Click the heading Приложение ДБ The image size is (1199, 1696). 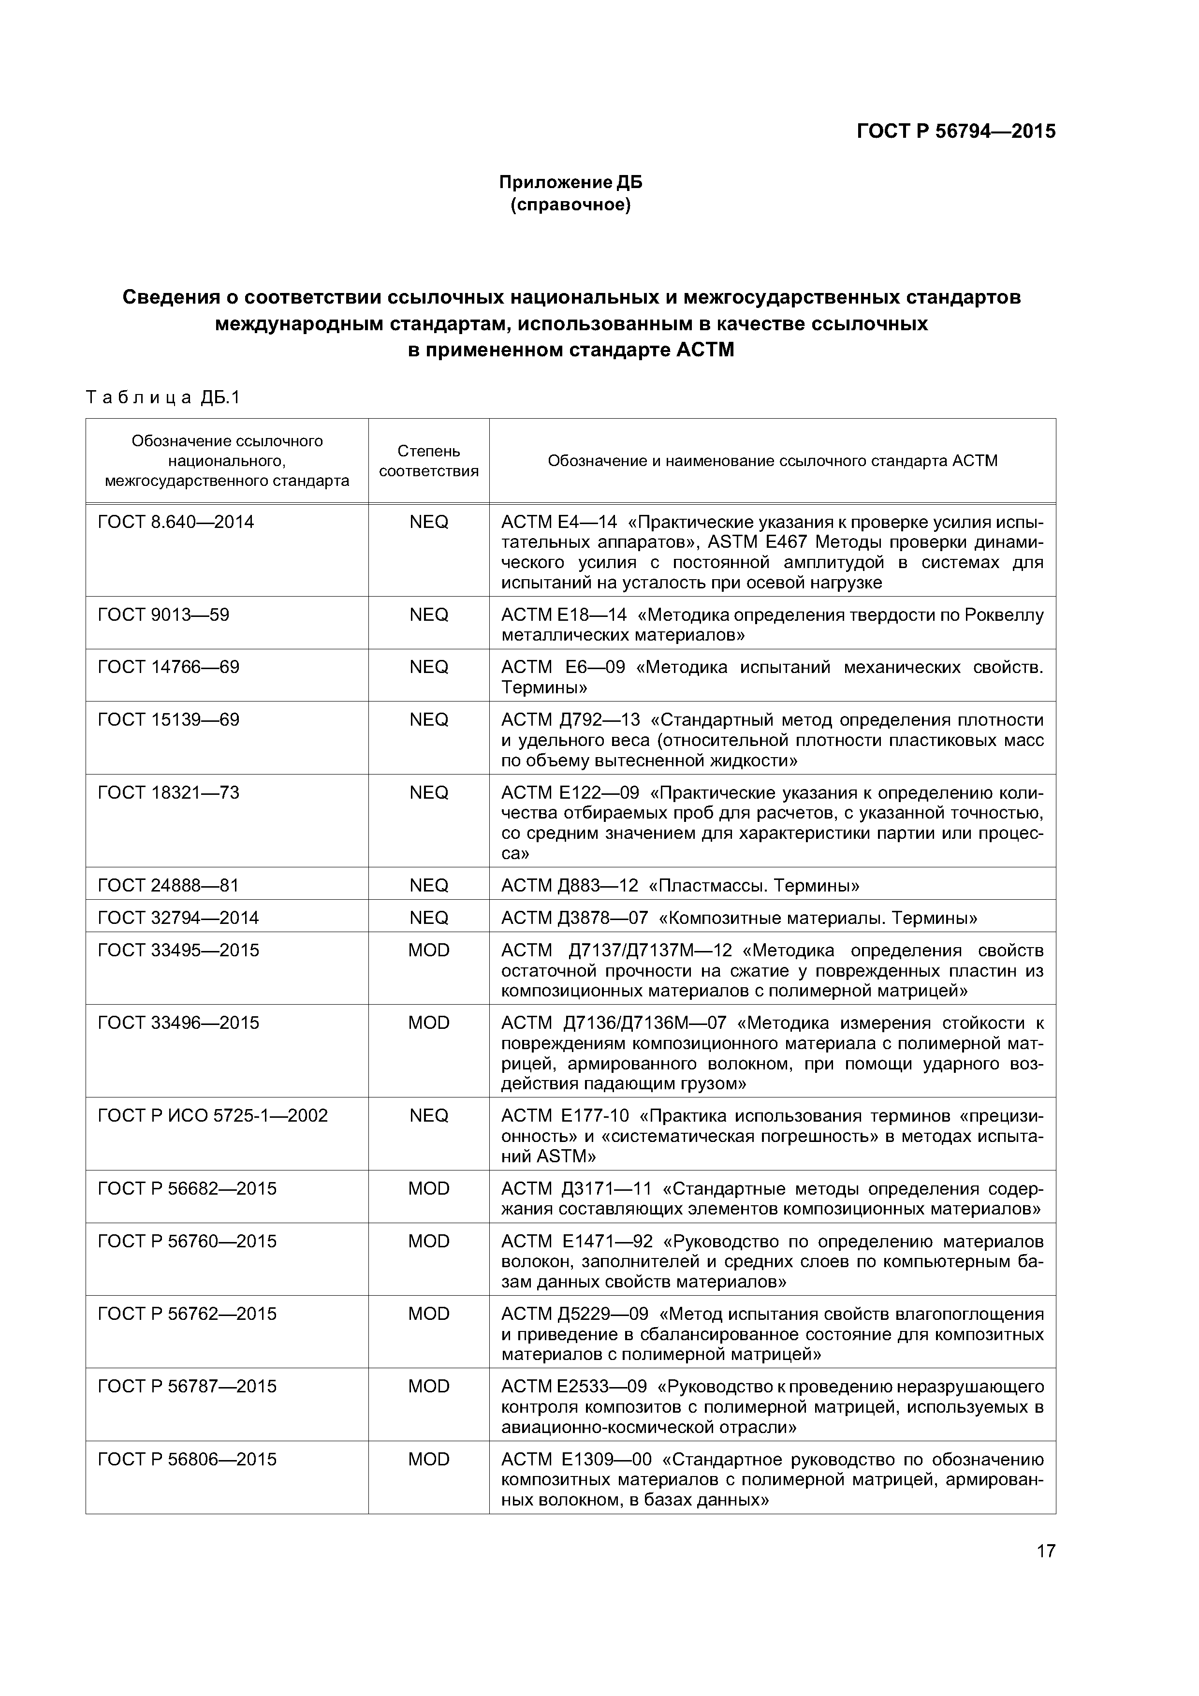[x=570, y=182]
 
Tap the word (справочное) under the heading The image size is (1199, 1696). [x=570, y=205]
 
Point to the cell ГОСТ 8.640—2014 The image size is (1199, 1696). [x=176, y=522]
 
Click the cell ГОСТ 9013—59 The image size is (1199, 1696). [x=163, y=614]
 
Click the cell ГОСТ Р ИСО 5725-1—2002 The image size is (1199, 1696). [x=213, y=1115]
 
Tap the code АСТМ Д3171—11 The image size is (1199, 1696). [x=576, y=1188]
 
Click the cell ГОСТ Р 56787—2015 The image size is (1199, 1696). [x=187, y=1387]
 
